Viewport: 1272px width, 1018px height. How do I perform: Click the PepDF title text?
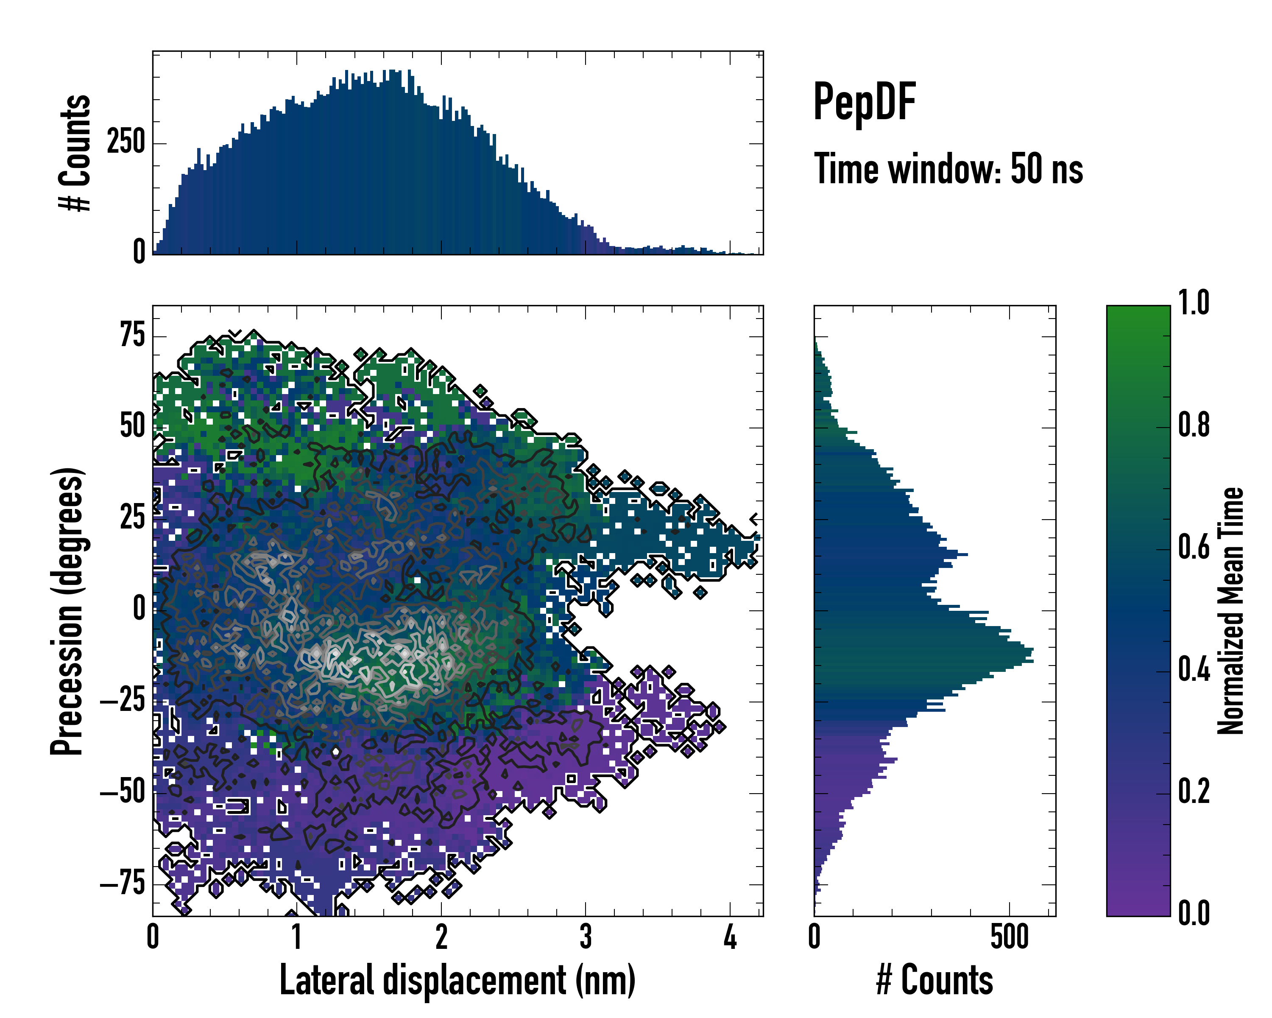864,101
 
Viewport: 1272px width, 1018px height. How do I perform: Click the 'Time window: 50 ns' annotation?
948,169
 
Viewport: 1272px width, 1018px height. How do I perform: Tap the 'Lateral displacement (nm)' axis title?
457,980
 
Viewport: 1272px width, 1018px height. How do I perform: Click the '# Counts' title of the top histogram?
75,153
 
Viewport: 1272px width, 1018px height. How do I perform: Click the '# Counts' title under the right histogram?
934,980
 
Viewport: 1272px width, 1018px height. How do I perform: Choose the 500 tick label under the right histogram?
1010,937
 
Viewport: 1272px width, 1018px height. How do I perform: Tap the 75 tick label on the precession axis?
132,336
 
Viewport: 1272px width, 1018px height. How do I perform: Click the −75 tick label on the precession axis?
123,884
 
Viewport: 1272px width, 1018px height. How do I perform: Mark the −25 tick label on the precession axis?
123,701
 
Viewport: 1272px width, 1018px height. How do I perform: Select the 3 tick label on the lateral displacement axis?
585,937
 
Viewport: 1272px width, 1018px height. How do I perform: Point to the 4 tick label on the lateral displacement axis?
730,937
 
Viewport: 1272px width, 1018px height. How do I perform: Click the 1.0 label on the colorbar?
1194,303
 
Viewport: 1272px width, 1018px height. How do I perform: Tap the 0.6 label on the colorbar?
1194,548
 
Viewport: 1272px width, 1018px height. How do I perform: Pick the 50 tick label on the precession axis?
132,427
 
